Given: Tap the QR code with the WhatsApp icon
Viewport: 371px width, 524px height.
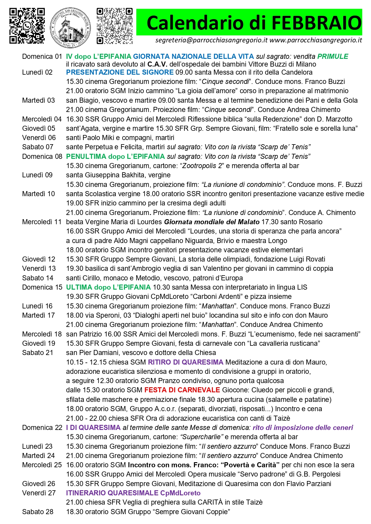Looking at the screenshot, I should (27, 26).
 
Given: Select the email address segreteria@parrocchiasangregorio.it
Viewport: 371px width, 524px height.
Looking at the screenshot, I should (211, 40).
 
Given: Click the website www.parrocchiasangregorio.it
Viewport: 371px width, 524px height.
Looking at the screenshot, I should (316, 40).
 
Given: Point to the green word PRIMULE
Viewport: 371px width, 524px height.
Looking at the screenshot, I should (333, 56).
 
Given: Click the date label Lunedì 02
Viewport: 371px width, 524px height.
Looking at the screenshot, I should (37, 72).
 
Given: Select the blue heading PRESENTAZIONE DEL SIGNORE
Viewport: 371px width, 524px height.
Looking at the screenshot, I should (120, 72).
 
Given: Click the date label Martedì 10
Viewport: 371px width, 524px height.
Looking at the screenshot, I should (39, 194).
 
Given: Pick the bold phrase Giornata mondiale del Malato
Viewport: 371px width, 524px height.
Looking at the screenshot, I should (212, 222).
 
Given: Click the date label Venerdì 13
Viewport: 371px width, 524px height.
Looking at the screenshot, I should (39, 268).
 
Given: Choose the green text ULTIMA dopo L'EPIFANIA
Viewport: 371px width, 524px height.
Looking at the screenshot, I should (108, 287).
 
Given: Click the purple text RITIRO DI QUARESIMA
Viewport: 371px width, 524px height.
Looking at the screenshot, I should (186, 362).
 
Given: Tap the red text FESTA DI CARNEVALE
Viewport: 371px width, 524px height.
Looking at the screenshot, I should (182, 390).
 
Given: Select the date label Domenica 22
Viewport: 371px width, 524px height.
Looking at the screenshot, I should (42, 428).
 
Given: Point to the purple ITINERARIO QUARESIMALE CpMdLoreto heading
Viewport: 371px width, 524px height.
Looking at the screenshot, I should (133, 493).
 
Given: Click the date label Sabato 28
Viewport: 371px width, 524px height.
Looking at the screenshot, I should (38, 512).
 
